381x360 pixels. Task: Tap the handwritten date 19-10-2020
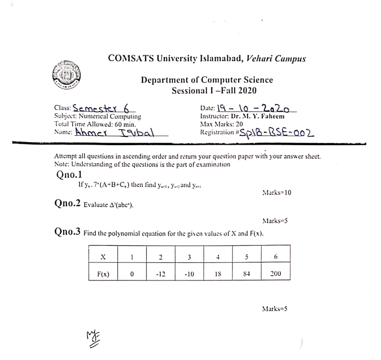click(254, 108)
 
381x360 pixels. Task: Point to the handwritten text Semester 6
click(101, 108)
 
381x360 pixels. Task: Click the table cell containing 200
click(276, 274)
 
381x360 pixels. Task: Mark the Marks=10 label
click(277, 193)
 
